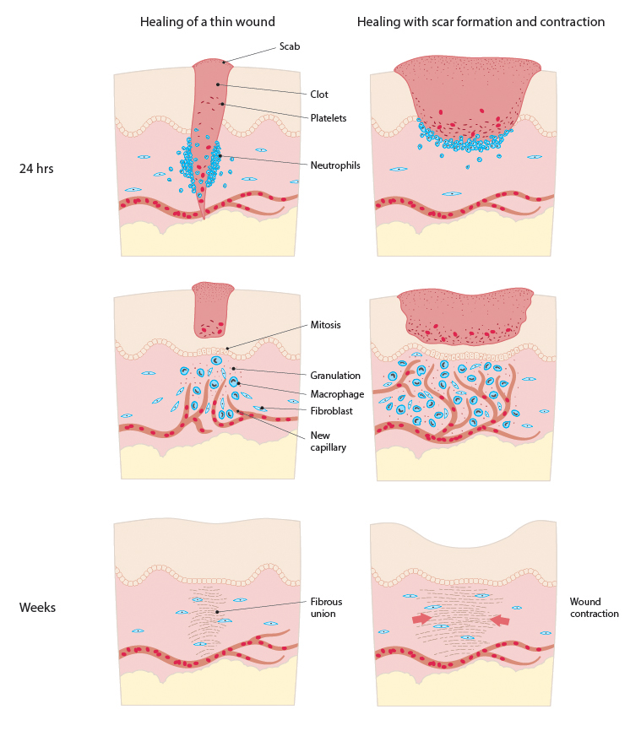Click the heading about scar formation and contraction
(481, 22)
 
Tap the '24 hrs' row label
(36, 168)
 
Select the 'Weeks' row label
(37, 607)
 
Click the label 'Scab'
(290, 46)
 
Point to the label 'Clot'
(318, 95)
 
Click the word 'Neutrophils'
(335, 165)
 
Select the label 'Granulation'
(334, 375)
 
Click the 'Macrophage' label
(336, 393)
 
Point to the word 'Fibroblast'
(332, 411)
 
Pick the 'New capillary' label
(329, 441)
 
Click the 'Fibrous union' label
(325, 607)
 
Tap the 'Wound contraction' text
(594, 607)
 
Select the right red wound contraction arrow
(500, 620)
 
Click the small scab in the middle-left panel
(212, 308)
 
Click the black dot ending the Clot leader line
(218, 84)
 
